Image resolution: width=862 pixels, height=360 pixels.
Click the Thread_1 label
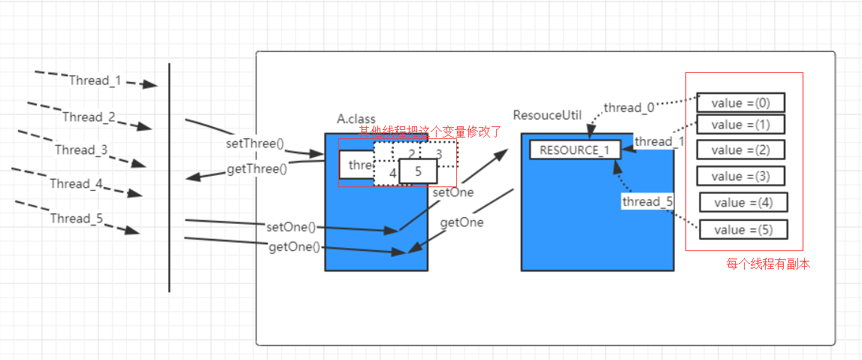[95, 80]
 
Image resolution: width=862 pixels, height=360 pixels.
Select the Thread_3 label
[80, 150]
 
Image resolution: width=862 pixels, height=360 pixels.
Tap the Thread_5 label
[76, 219]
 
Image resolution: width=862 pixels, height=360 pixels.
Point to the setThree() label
[255, 143]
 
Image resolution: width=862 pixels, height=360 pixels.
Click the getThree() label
[256, 170]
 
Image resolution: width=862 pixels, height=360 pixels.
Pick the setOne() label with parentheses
[291, 226]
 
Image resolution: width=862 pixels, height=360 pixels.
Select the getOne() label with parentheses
[294, 247]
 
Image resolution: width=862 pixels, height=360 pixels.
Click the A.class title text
[356, 119]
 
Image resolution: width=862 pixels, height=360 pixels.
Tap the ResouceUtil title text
[547, 115]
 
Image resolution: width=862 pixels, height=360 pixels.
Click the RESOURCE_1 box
[575, 150]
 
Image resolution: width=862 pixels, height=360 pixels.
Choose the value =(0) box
[740, 103]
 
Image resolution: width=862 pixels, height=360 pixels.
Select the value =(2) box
[740, 150]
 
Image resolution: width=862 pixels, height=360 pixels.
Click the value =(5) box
[743, 229]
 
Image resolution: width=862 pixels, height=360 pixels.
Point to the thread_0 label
[628, 108]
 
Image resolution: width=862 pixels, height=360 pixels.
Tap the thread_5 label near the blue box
[647, 201]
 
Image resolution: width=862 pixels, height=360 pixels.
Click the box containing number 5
[418, 171]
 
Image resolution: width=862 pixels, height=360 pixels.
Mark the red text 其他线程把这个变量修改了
[429, 131]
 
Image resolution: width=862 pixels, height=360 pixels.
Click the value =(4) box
[743, 202]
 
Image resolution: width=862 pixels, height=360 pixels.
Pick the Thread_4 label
[76, 183]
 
